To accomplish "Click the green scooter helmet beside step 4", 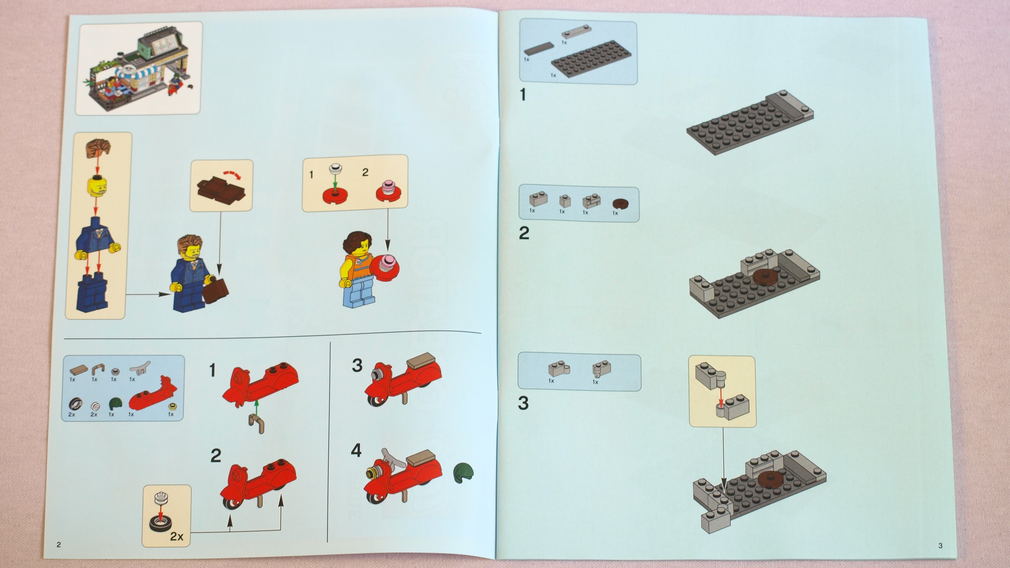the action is pyautogui.click(x=463, y=472).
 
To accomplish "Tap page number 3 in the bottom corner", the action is pyautogui.click(x=940, y=545).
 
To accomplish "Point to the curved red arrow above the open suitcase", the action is pyautogui.click(x=232, y=174).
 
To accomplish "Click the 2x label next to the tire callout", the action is pyautogui.click(x=177, y=536).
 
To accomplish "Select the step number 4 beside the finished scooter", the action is pyautogui.click(x=356, y=450).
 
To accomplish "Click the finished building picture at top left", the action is pyautogui.click(x=139, y=68).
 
